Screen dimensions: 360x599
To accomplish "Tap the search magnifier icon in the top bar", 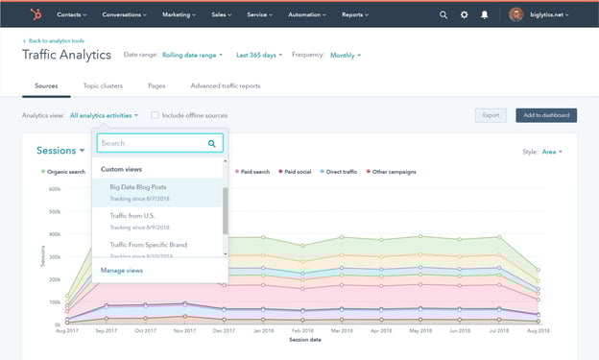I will [443, 15].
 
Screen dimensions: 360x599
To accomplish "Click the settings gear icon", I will [465, 15].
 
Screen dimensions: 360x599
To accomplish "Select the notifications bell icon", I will [486, 15].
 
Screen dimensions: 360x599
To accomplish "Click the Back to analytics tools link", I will [56, 42].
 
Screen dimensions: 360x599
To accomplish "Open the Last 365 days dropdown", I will [258, 56].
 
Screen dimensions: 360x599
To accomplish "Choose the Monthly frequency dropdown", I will [345, 56].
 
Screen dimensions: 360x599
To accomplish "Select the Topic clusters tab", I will [104, 86].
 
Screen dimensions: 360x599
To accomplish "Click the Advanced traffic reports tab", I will [226, 86].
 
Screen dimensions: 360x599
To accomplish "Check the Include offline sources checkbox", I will [156, 115].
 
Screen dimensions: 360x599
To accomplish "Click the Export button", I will [491, 115].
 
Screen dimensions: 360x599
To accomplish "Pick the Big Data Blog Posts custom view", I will [138, 186].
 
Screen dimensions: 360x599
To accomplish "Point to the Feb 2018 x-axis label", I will [301, 331].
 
